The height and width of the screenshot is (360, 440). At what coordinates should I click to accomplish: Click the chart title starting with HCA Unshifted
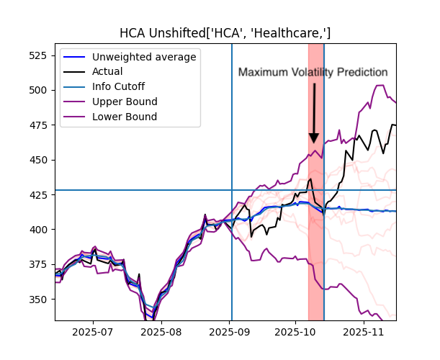pyautogui.click(x=225, y=33)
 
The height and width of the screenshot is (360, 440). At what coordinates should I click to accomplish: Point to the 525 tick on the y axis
pyautogui.click(x=40, y=55)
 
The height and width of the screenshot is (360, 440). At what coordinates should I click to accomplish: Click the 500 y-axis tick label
pyautogui.click(x=40, y=91)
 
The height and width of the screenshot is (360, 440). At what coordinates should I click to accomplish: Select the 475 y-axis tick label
pyautogui.click(x=40, y=125)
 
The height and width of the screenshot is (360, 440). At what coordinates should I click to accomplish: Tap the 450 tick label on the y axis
pyautogui.click(x=40, y=161)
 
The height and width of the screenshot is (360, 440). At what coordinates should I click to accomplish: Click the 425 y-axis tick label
pyautogui.click(x=40, y=195)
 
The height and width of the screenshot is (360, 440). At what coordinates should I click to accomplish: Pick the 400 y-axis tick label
pyautogui.click(x=40, y=230)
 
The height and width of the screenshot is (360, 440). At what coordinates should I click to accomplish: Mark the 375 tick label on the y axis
pyautogui.click(x=40, y=265)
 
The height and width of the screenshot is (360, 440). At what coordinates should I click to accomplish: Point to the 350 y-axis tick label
pyautogui.click(x=40, y=300)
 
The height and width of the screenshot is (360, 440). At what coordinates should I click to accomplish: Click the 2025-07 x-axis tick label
pyautogui.click(x=93, y=333)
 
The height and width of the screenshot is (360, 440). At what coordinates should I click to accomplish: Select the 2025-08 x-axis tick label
pyautogui.click(x=161, y=333)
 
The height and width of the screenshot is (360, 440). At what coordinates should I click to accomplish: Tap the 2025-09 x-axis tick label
pyautogui.click(x=230, y=333)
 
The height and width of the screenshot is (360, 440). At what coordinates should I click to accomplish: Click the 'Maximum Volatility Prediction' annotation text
pyautogui.click(x=313, y=73)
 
